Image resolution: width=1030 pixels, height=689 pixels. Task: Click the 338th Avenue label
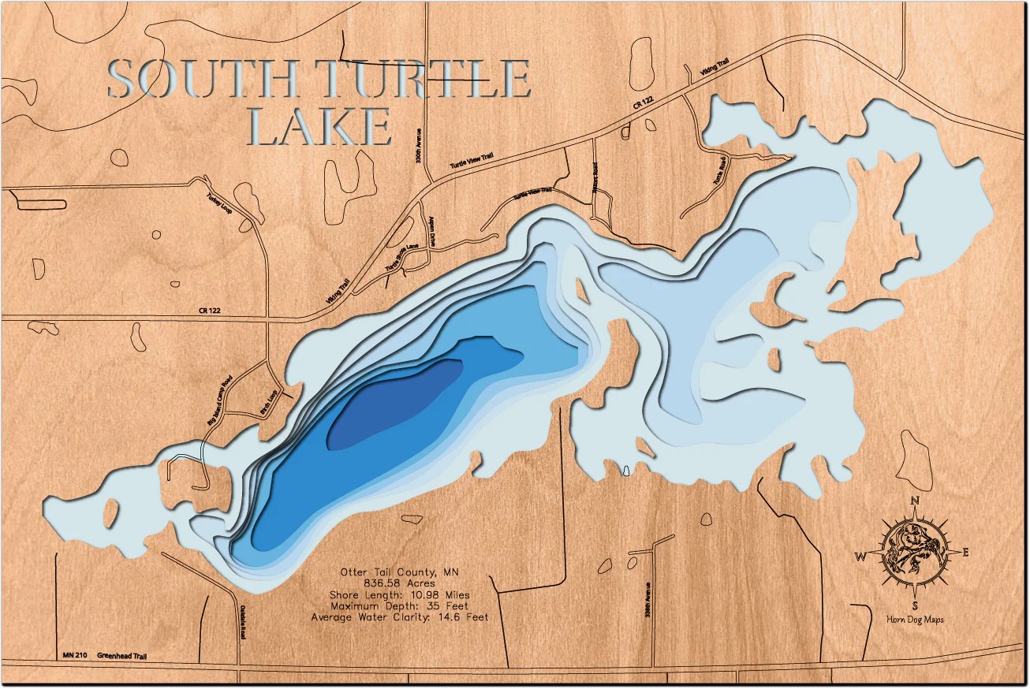point(646,601)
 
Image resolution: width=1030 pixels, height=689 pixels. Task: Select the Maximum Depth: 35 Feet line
point(399,605)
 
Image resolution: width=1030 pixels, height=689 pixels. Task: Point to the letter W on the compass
point(860,557)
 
